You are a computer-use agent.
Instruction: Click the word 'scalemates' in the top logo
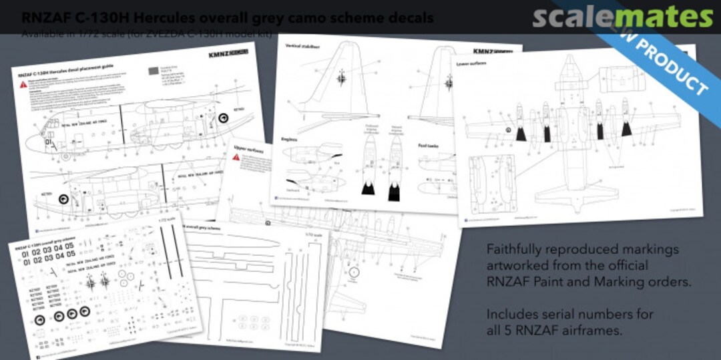point(622,17)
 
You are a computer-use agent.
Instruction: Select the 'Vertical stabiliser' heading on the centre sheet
point(301,48)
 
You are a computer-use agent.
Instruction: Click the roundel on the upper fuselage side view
point(224,119)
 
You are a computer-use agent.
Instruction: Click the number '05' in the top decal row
point(69,254)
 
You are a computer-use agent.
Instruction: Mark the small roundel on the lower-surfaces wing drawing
point(509,130)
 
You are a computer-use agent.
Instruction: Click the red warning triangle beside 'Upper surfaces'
point(236,157)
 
